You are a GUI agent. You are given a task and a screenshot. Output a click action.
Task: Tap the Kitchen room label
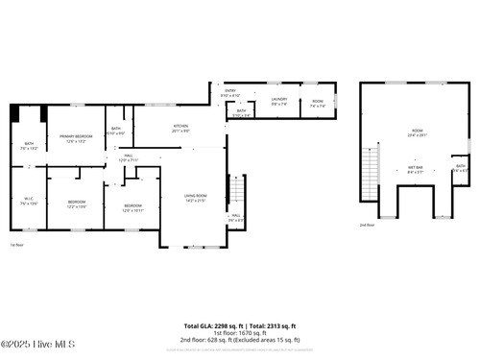click(x=180, y=128)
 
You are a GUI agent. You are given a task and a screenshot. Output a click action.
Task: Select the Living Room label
click(x=195, y=198)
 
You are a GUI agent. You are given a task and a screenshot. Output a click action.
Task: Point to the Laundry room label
click(x=279, y=101)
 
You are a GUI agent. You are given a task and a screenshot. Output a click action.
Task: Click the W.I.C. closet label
click(x=29, y=201)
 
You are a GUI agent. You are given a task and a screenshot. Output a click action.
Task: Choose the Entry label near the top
click(x=230, y=93)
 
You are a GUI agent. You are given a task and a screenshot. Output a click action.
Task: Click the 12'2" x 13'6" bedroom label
click(x=76, y=204)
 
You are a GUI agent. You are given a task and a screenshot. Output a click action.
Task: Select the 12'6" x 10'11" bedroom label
click(x=132, y=207)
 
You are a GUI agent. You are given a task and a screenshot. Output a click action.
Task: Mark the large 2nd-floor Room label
click(x=416, y=132)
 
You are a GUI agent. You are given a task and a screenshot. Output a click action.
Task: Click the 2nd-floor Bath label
click(x=461, y=168)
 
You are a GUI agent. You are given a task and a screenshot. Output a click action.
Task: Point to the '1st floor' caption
click(x=16, y=245)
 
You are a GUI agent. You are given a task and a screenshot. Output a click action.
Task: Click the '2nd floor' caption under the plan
click(x=367, y=225)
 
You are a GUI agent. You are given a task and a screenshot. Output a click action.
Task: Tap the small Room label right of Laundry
click(x=317, y=101)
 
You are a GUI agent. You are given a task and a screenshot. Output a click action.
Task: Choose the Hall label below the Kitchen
click(x=128, y=158)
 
